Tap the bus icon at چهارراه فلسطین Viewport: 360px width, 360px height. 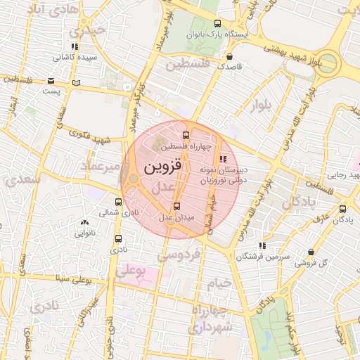point(186,136)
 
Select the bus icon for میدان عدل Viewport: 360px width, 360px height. point(176,206)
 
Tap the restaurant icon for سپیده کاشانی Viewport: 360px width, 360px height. point(75,46)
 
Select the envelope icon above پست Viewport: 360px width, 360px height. point(51,80)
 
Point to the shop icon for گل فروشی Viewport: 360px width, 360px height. point(311,252)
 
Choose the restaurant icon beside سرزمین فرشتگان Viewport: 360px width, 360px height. point(262,246)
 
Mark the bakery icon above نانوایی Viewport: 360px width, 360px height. point(84,222)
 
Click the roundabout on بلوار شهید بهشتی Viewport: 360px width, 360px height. point(328,63)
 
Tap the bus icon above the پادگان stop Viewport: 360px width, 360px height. point(342,209)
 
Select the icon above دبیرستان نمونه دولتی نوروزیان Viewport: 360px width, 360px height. point(224,160)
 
